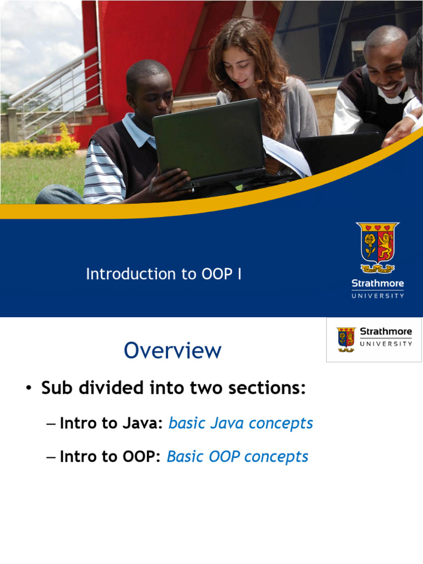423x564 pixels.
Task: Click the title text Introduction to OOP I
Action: pos(164,274)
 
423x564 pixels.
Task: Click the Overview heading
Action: pos(172,350)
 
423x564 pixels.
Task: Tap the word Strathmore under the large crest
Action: pos(378,283)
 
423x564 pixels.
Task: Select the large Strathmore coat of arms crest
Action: pos(378,247)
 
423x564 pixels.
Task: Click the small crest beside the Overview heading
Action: pos(346,339)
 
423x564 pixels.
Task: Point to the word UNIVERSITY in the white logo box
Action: pos(386,344)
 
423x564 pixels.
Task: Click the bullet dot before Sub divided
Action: pos(29,389)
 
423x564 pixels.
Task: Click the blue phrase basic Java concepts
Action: pos(241,423)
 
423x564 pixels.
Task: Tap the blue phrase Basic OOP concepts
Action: pos(237,457)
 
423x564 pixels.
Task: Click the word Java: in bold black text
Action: pos(143,423)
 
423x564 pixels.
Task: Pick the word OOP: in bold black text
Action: pos(142,457)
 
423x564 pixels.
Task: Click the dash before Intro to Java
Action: pos(51,424)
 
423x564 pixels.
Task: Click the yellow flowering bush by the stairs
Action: pos(40,145)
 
